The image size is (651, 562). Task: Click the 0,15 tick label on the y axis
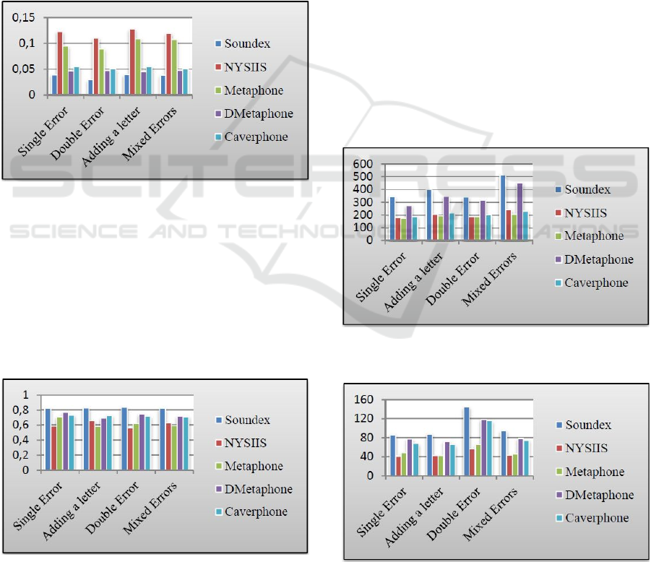(26, 18)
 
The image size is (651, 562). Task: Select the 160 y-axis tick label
(364, 399)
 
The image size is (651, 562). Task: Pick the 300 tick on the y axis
(363, 202)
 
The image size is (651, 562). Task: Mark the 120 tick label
(364, 419)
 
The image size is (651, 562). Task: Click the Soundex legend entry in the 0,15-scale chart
(246, 44)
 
